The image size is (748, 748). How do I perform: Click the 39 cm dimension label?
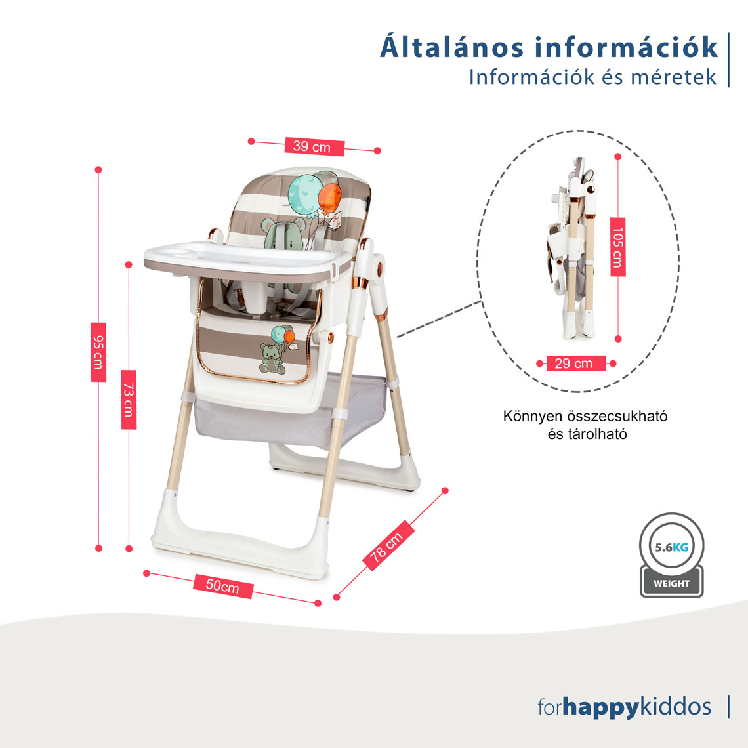[x=314, y=146]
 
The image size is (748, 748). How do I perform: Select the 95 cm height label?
[x=98, y=352]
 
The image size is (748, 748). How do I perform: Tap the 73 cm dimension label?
[x=129, y=400]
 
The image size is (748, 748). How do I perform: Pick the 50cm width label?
[x=223, y=586]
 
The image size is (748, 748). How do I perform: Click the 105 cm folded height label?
[x=618, y=247]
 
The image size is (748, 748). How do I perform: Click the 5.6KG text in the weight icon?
[x=671, y=547]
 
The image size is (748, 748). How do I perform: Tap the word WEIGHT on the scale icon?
[x=671, y=583]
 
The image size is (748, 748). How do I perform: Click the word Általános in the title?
[x=451, y=47]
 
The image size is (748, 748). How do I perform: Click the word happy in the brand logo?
[x=600, y=708]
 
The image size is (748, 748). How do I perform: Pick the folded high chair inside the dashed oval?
[x=573, y=248]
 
